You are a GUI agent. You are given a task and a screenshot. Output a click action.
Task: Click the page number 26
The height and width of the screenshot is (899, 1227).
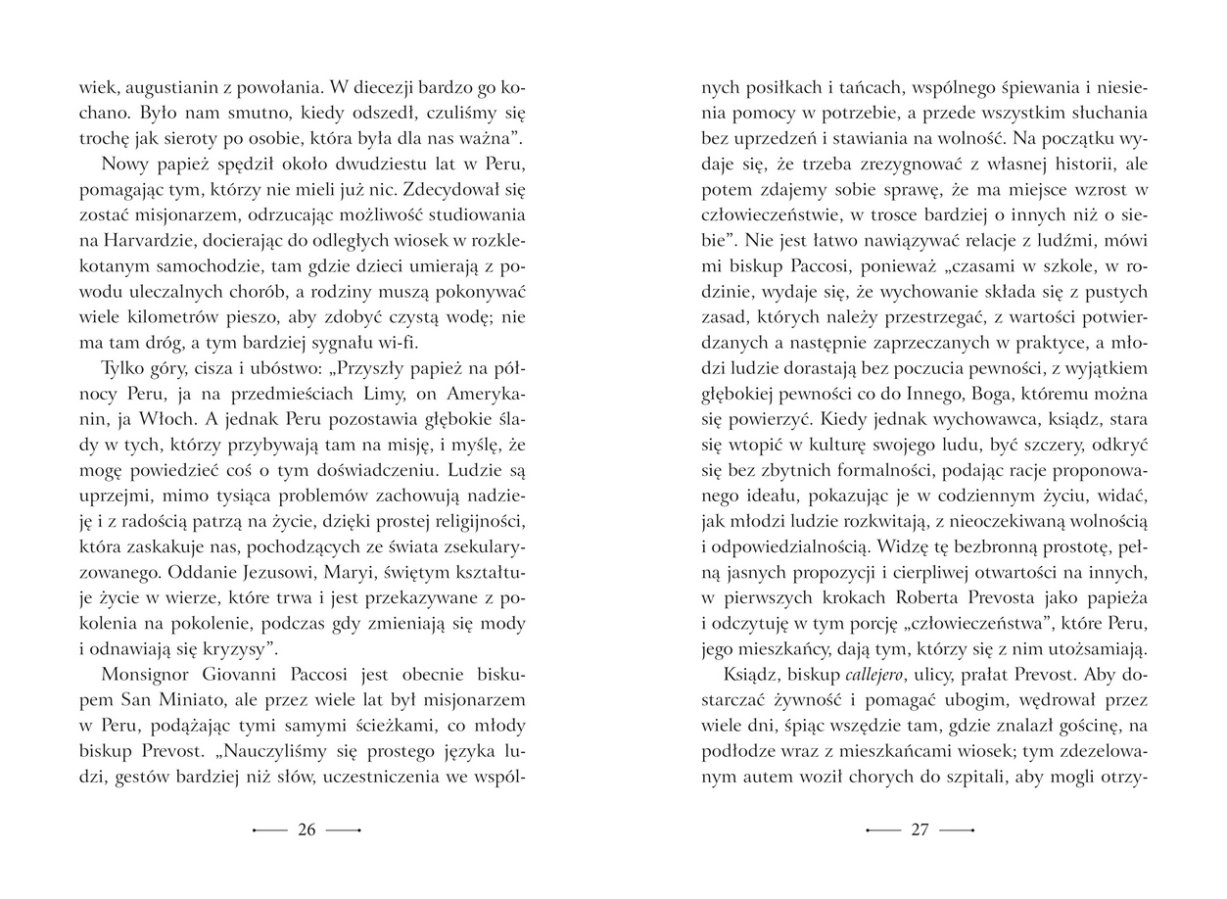[307, 829]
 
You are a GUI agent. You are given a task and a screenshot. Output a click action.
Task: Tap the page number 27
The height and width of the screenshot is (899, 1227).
[920, 829]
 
